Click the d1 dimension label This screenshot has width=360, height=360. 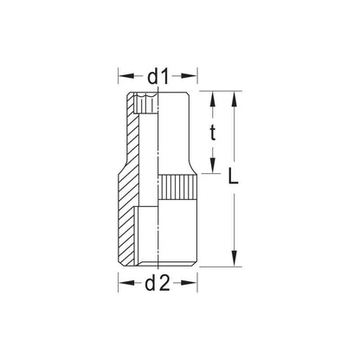click(x=157, y=77)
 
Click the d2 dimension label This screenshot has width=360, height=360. click(x=157, y=283)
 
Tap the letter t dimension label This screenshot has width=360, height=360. click(x=213, y=132)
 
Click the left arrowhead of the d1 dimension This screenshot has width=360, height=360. click(x=126, y=76)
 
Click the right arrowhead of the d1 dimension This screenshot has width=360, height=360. click(x=189, y=76)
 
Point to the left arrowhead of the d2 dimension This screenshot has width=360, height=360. click(x=126, y=283)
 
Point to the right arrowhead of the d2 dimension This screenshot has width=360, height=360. click(x=189, y=283)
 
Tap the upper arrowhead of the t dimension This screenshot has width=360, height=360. click(x=213, y=100)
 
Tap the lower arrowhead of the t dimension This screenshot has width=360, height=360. click(x=213, y=165)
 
